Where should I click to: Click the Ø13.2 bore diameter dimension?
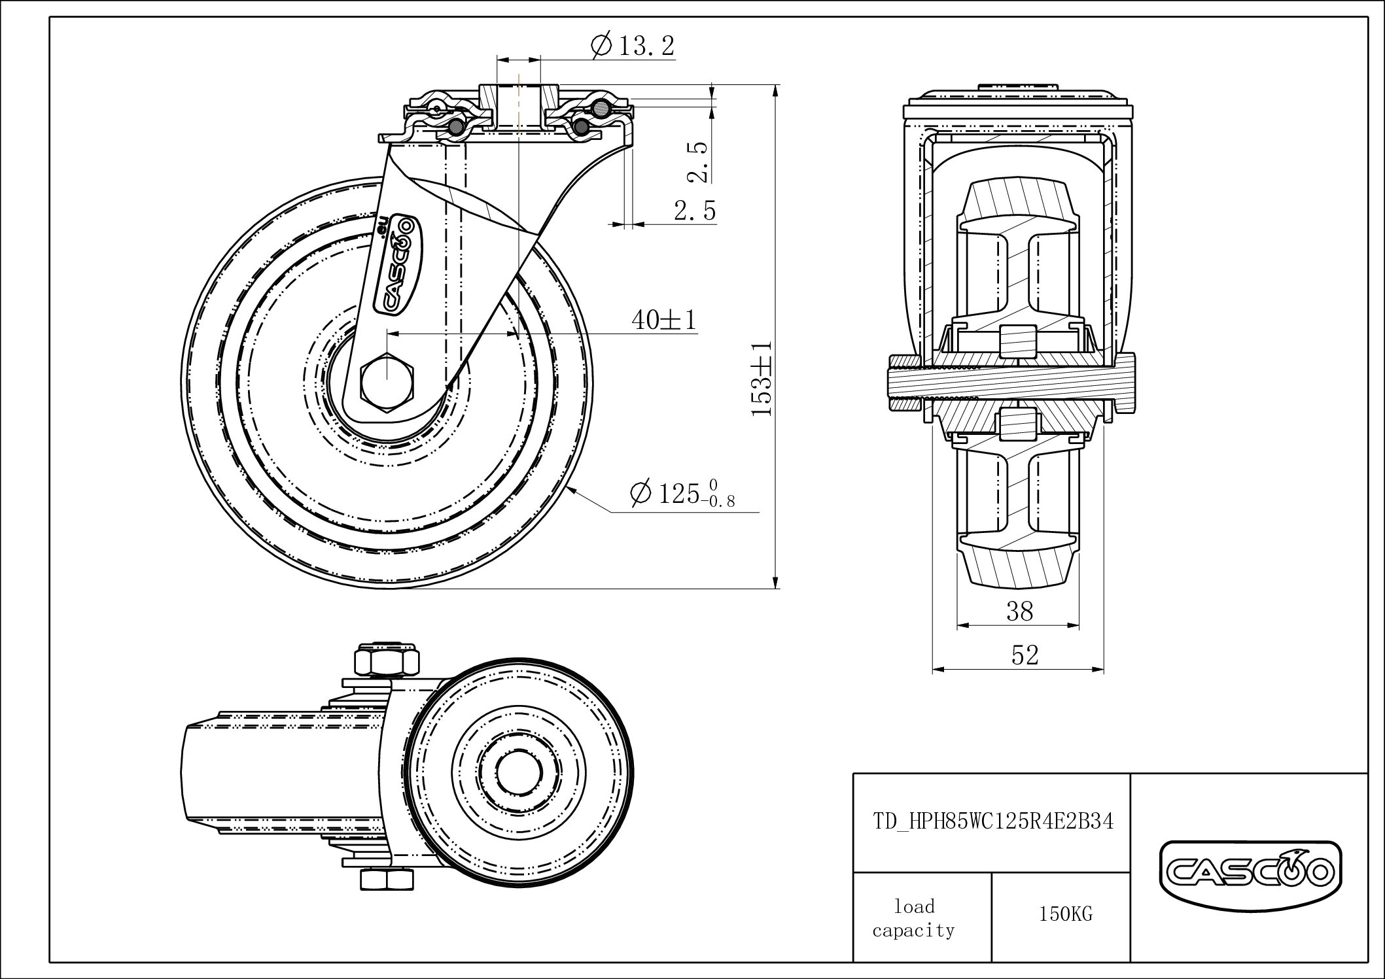(632, 46)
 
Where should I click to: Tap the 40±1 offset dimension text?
(664, 320)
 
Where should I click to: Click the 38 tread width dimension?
(1019, 611)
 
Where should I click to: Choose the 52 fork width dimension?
(1025, 655)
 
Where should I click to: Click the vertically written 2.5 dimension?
(698, 162)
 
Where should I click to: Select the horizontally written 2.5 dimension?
(695, 211)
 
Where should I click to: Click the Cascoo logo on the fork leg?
(396, 265)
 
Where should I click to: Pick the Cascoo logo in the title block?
(1250, 870)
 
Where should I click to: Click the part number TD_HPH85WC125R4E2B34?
(992, 821)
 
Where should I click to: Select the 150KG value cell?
(1065, 914)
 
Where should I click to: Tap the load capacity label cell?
(914, 918)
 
